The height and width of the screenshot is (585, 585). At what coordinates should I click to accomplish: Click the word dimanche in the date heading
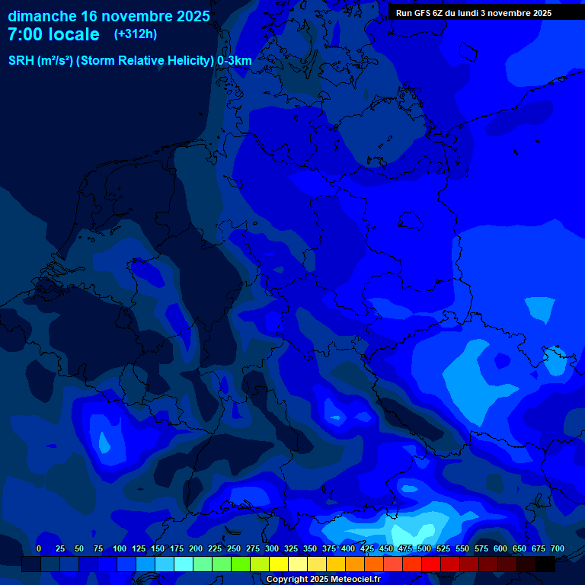pos(41,16)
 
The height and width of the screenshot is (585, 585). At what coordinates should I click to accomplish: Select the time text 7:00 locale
pos(53,35)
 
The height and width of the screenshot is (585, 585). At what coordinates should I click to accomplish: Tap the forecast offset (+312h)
pos(136,34)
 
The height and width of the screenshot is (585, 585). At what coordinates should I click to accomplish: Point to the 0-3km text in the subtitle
pos(234,61)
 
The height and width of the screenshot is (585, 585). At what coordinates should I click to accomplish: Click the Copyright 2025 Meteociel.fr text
pos(323,579)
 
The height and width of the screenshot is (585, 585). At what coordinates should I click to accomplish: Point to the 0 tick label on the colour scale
pos(39,548)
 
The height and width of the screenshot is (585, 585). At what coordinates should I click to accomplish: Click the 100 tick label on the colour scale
pos(120,548)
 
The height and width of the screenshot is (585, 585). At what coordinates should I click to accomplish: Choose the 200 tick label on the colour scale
pos(196,548)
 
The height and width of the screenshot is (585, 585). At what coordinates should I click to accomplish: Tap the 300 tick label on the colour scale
pos(272,548)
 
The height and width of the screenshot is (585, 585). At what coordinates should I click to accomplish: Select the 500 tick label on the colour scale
pos(424,548)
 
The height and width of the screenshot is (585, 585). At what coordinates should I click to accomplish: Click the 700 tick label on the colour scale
pos(558,548)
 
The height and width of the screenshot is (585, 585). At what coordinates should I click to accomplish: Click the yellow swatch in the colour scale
pos(279,564)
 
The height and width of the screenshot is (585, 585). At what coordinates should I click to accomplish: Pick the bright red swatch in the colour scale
pos(431,564)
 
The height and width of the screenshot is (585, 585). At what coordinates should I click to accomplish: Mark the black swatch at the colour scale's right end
pos(545,564)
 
